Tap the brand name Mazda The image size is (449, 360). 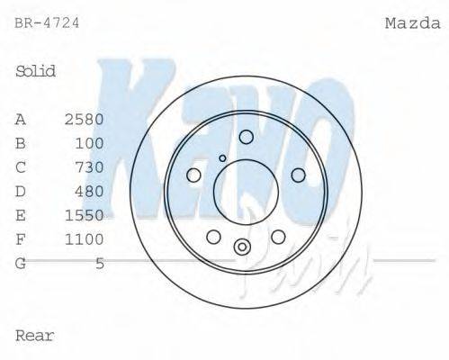pos(410,23)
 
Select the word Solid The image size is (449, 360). pos(36,71)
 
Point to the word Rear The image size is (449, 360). pos(35,336)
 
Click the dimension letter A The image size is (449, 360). pos(21,119)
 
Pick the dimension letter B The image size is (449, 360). pos(21,143)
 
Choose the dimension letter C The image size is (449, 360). pos(21,167)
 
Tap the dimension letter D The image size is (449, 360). pos(21,191)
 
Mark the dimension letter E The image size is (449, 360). pos(21,215)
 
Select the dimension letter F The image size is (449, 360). pos(21,239)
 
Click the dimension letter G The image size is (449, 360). pos(21,264)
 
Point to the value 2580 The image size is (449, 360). pos(85,119)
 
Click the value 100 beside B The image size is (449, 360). pos(90,143)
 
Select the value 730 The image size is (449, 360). pos(90,167)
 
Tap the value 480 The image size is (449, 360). pos(90,191)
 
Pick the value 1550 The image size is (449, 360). pos(85,215)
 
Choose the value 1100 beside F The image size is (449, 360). pos(85,239)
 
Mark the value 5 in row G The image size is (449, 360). pos(100,264)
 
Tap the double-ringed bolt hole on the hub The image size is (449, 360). pos(242,247)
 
